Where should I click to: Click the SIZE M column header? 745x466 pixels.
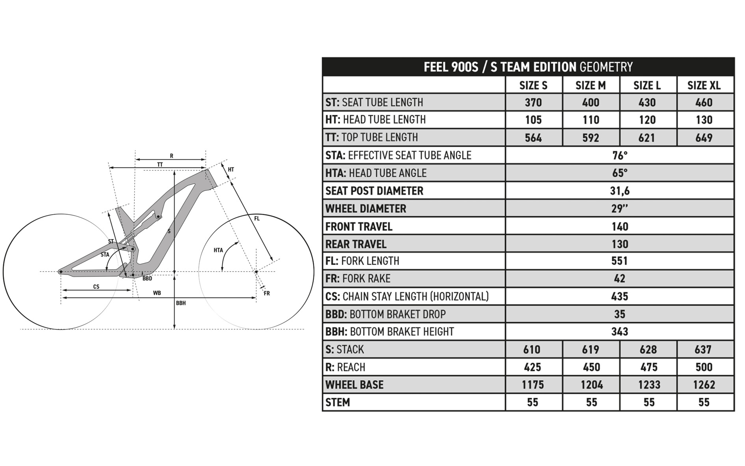point(590,85)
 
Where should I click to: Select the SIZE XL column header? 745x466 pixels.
point(704,85)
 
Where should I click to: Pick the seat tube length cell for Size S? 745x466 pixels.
point(533,103)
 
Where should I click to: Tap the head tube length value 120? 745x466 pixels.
point(647,120)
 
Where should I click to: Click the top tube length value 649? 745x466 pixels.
point(704,138)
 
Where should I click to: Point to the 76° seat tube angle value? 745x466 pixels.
point(620,155)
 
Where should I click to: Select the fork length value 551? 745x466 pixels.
point(620,261)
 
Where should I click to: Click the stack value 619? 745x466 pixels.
point(590,350)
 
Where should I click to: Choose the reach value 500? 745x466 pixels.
point(704,367)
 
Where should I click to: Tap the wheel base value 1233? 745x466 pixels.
point(649,385)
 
